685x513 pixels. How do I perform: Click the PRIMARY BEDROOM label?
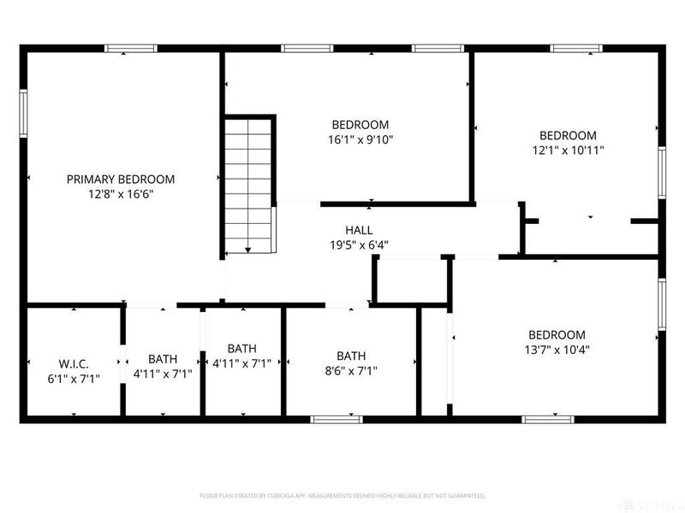(121, 180)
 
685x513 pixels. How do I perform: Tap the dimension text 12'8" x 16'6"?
(121, 194)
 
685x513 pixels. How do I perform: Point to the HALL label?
(359, 230)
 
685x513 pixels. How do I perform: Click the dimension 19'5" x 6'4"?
(359, 245)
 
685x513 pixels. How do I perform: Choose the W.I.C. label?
(74, 363)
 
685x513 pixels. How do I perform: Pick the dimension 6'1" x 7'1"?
(74, 378)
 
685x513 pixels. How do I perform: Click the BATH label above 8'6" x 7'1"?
(351, 356)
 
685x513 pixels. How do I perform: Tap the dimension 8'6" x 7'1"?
(351, 370)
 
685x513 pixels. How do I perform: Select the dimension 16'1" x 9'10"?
(360, 139)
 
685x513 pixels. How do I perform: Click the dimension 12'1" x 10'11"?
(567, 150)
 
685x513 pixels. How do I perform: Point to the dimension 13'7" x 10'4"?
(557, 349)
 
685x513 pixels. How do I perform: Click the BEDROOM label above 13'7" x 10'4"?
(557, 334)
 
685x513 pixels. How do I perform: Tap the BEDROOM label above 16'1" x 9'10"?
(360, 124)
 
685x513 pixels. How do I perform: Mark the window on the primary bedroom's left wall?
(24, 113)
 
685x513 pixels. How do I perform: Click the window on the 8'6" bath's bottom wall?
(336, 419)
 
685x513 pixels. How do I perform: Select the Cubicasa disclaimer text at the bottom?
(342, 495)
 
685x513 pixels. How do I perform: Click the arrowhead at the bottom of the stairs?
(248, 251)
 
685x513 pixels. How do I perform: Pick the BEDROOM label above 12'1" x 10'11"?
(567, 135)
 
